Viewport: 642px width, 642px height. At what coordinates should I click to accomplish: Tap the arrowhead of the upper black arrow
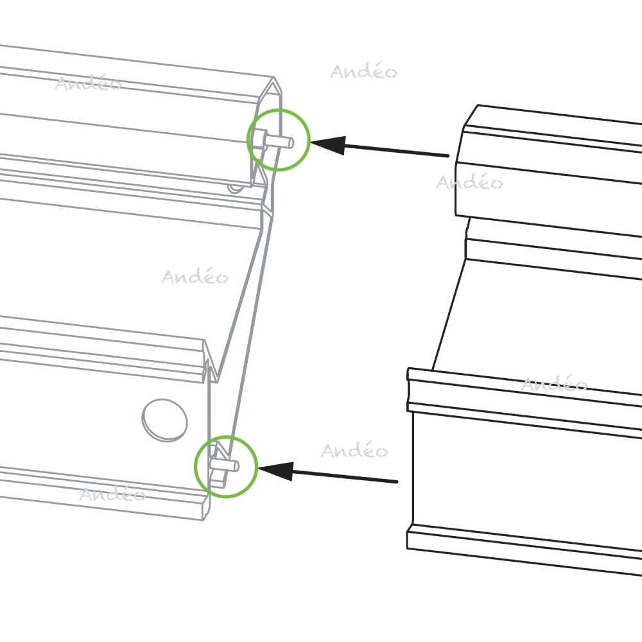pyautogui.click(x=327, y=145)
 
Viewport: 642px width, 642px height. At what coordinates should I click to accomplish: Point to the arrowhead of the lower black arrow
pyautogui.click(x=275, y=471)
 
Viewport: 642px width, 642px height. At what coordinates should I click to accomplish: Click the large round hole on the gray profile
pyautogui.click(x=164, y=420)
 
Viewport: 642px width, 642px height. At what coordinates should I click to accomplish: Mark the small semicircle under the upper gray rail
pyautogui.click(x=235, y=188)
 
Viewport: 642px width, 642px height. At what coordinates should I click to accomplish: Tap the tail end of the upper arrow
pyautogui.click(x=448, y=155)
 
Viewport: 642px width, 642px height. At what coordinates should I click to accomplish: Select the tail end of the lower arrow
pyautogui.click(x=397, y=481)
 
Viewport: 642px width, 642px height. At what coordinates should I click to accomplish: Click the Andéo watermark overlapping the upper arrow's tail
pyautogui.click(x=470, y=182)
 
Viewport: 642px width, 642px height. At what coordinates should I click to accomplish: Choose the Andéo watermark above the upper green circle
pyautogui.click(x=364, y=71)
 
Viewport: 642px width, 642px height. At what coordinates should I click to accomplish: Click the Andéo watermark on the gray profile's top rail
pyautogui.click(x=89, y=82)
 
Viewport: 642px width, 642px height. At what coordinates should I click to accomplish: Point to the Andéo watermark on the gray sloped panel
pyautogui.click(x=195, y=276)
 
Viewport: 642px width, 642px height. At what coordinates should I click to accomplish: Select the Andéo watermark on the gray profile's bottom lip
pyautogui.click(x=112, y=493)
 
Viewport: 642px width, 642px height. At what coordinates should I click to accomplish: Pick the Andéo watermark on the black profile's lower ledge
pyautogui.click(x=555, y=384)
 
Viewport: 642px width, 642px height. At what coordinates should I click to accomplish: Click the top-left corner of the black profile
pyautogui.click(x=478, y=105)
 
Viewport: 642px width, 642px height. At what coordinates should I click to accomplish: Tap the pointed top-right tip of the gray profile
pyautogui.click(x=273, y=78)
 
